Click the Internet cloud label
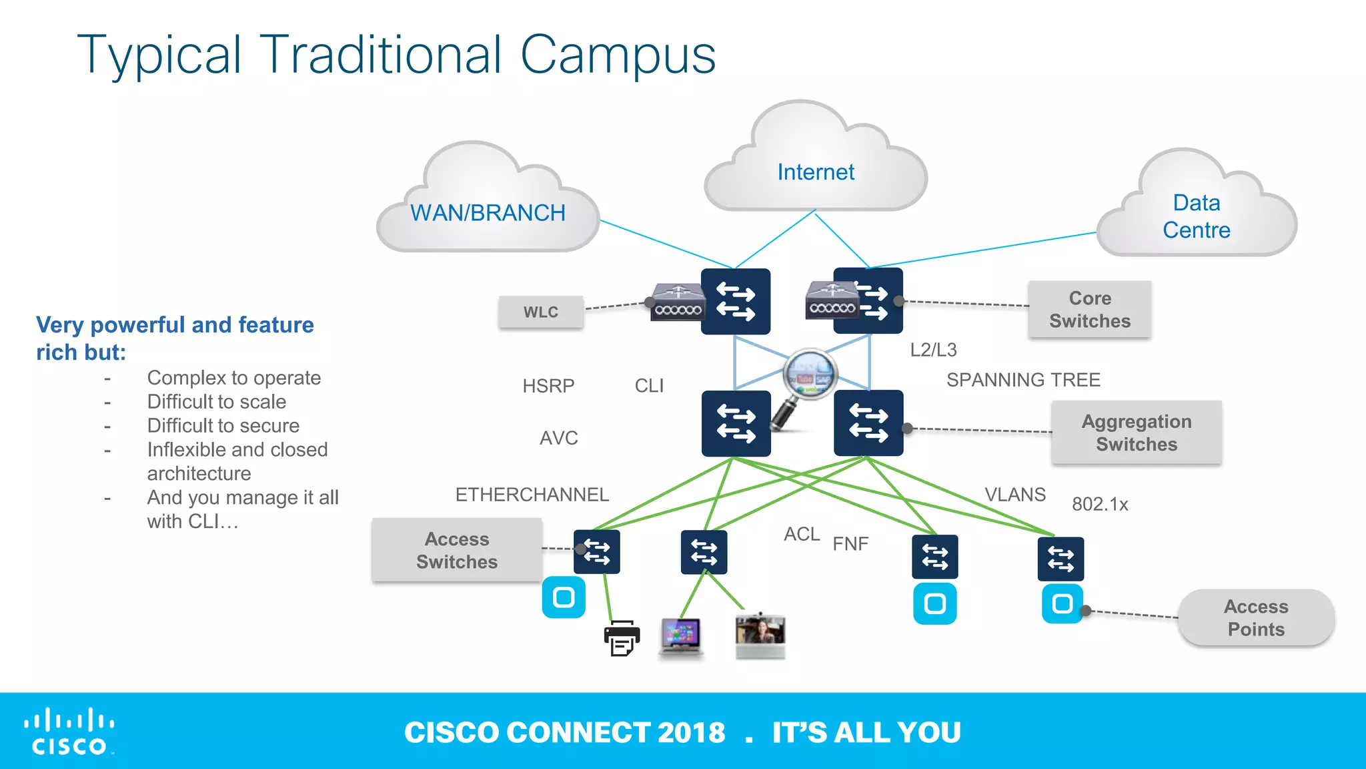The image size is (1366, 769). (815, 172)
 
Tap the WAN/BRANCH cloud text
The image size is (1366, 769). (488, 213)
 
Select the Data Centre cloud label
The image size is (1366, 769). (1196, 216)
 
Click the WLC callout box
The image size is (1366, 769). (541, 312)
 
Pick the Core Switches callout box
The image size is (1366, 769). (1089, 309)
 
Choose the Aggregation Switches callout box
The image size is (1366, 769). (1136, 433)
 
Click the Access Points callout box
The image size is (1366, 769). (1255, 617)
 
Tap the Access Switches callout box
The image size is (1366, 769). (457, 550)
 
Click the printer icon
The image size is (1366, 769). (622, 637)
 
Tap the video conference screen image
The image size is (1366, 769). (760, 635)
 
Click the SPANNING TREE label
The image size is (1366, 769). (1023, 380)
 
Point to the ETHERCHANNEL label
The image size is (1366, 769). (532, 495)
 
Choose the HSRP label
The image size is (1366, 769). (548, 386)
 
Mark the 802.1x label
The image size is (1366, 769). (1099, 504)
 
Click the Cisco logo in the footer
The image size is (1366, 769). (69, 732)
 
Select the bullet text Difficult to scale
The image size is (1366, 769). (216, 402)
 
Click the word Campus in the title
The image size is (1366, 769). (617, 55)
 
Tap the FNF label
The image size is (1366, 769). (850, 544)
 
